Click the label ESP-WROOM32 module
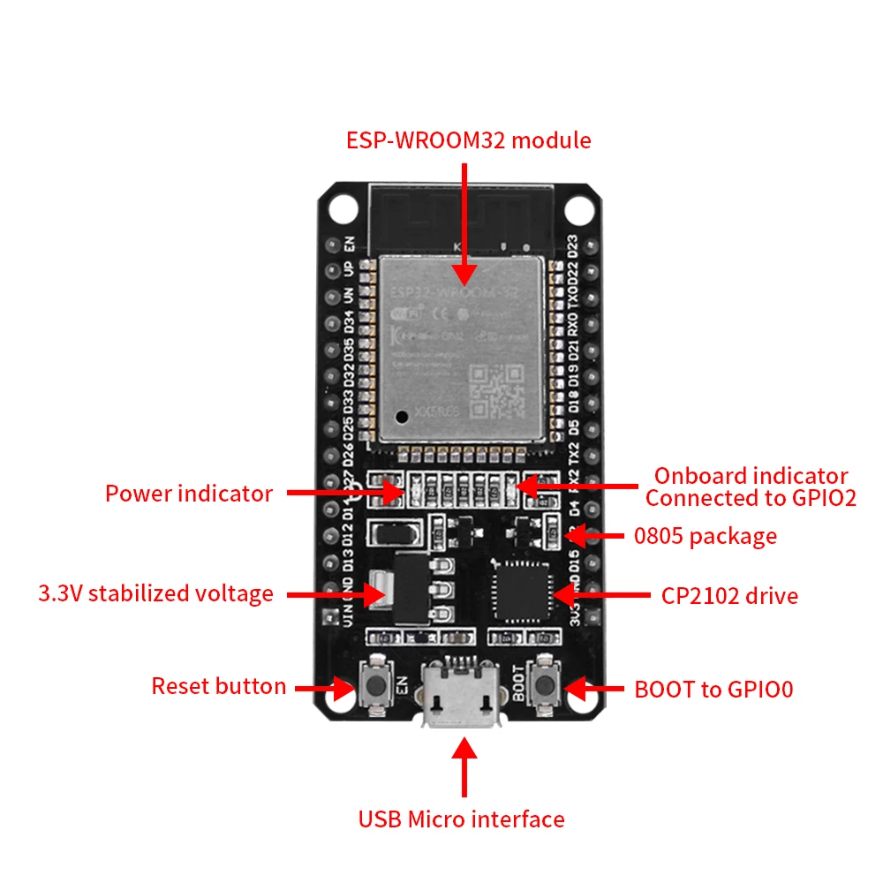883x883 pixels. pos(468,140)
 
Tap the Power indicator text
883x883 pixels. pos(189,494)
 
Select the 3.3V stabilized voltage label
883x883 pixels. pos(155,593)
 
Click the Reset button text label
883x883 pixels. pos(218,686)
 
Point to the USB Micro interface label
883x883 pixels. pos(461,819)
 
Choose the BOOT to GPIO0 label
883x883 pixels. pos(713,689)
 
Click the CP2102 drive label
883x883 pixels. pos(729,596)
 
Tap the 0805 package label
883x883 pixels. pos(706,536)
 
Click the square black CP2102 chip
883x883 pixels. pos(521,594)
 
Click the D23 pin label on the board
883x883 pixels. pos(575,245)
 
